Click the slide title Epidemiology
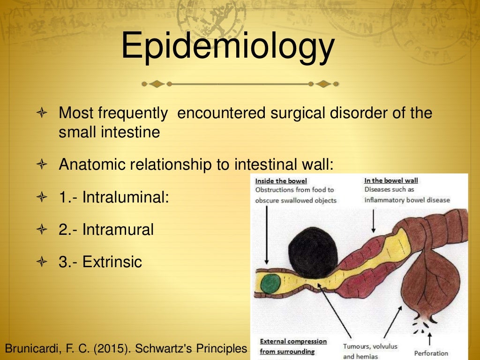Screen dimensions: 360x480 tap(228, 46)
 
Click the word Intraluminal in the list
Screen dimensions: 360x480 tap(125, 197)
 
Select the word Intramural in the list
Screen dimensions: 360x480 tap(118, 229)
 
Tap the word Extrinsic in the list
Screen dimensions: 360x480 tap(112, 262)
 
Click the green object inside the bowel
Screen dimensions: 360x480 tap(269, 284)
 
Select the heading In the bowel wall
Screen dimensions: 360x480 tap(391, 180)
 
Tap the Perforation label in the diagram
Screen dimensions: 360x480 tap(431, 353)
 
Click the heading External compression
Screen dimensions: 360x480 tap(293, 341)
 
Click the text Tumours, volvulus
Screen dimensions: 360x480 tap(370, 346)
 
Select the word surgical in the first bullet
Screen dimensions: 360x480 tap(295, 113)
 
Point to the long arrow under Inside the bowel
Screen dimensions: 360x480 tap(266, 234)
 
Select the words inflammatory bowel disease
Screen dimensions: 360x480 tap(407, 200)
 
